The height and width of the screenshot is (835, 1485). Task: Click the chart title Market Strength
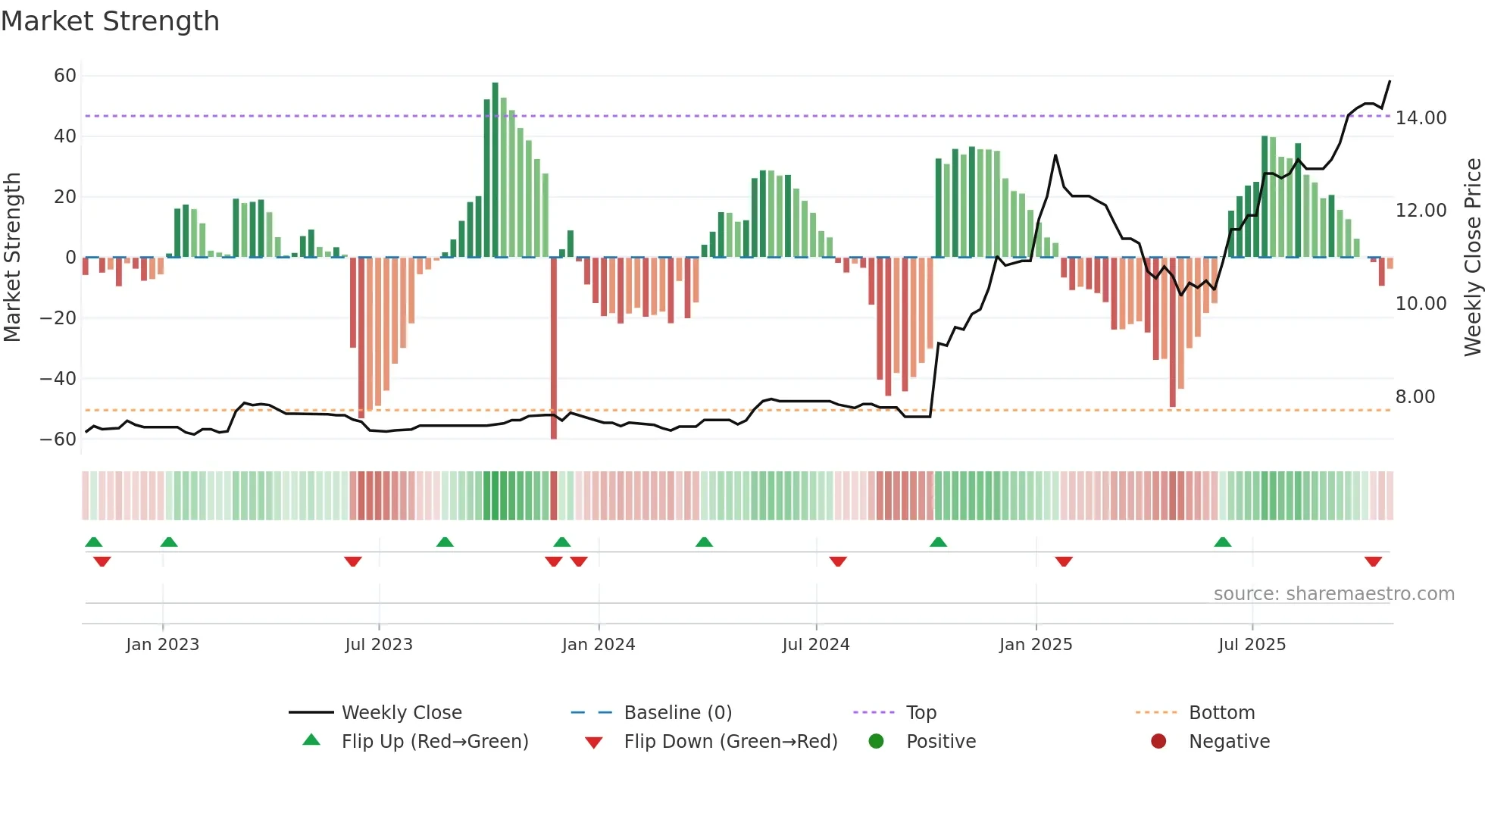pos(110,21)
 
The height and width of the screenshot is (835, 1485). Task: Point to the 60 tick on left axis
pos(65,76)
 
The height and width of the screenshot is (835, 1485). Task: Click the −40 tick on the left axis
pos(58,378)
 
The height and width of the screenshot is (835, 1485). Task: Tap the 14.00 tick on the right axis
pos(1421,118)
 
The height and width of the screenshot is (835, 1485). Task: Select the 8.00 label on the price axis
pos(1415,397)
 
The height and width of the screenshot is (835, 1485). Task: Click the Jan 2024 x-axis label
pos(598,645)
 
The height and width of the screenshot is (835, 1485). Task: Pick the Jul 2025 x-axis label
pos(1252,645)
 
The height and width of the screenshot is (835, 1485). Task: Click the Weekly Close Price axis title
pos(1472,257)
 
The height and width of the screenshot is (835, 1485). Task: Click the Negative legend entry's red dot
pos(1158,741)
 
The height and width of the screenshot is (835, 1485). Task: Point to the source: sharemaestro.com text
pos(1333,594)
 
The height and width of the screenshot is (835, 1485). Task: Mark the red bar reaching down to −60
pos(554,349)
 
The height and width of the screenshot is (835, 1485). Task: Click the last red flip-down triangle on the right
pos(1373,561)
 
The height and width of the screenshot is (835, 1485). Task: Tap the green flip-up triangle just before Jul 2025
pos(1222,542)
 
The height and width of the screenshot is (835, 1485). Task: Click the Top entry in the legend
pos(921,713)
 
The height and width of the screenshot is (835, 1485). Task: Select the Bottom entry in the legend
pos(1221,713)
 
